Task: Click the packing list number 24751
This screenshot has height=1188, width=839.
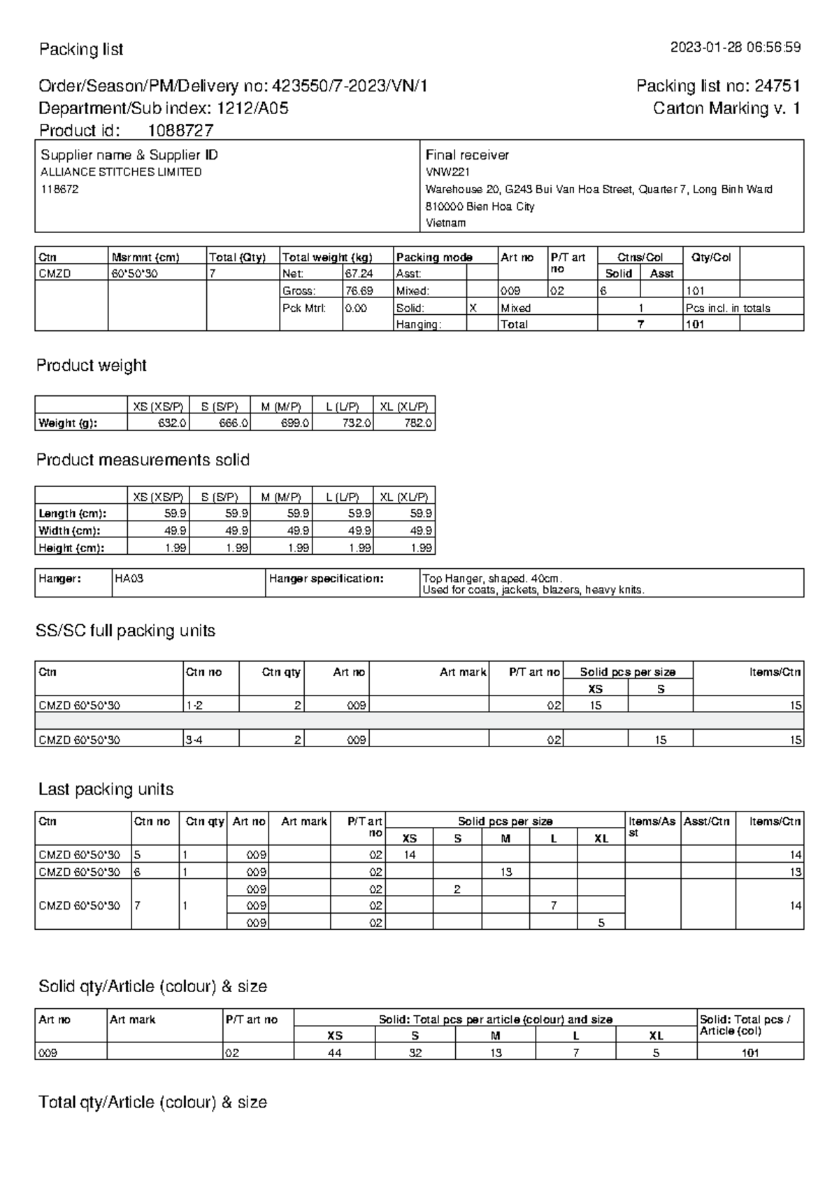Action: [x=777, y=86]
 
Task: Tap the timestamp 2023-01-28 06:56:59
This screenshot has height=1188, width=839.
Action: [x=736, y=48]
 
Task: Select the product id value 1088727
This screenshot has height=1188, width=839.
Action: [x=180, y=130]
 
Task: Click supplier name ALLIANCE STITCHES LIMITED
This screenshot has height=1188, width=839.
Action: [x=121, y=172]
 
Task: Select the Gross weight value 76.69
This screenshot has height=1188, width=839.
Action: [x=359, y=290]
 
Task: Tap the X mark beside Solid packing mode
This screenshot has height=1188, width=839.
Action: [x=473, y=308]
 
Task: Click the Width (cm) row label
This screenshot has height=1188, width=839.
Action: [x=69, y=530]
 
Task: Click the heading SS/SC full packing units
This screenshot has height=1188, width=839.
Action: [x=125, y=630]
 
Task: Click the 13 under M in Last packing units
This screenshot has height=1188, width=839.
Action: [x=505, y=872]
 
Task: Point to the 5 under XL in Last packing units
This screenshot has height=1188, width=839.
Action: [x=601, y=923]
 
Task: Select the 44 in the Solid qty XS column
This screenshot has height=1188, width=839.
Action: [x=335, y=1052]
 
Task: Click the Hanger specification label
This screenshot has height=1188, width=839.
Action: [x=327, y=579]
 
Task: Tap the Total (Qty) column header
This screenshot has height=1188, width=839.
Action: [x=237, y=257]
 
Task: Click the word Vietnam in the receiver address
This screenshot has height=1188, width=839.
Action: [x=445, y=223]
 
